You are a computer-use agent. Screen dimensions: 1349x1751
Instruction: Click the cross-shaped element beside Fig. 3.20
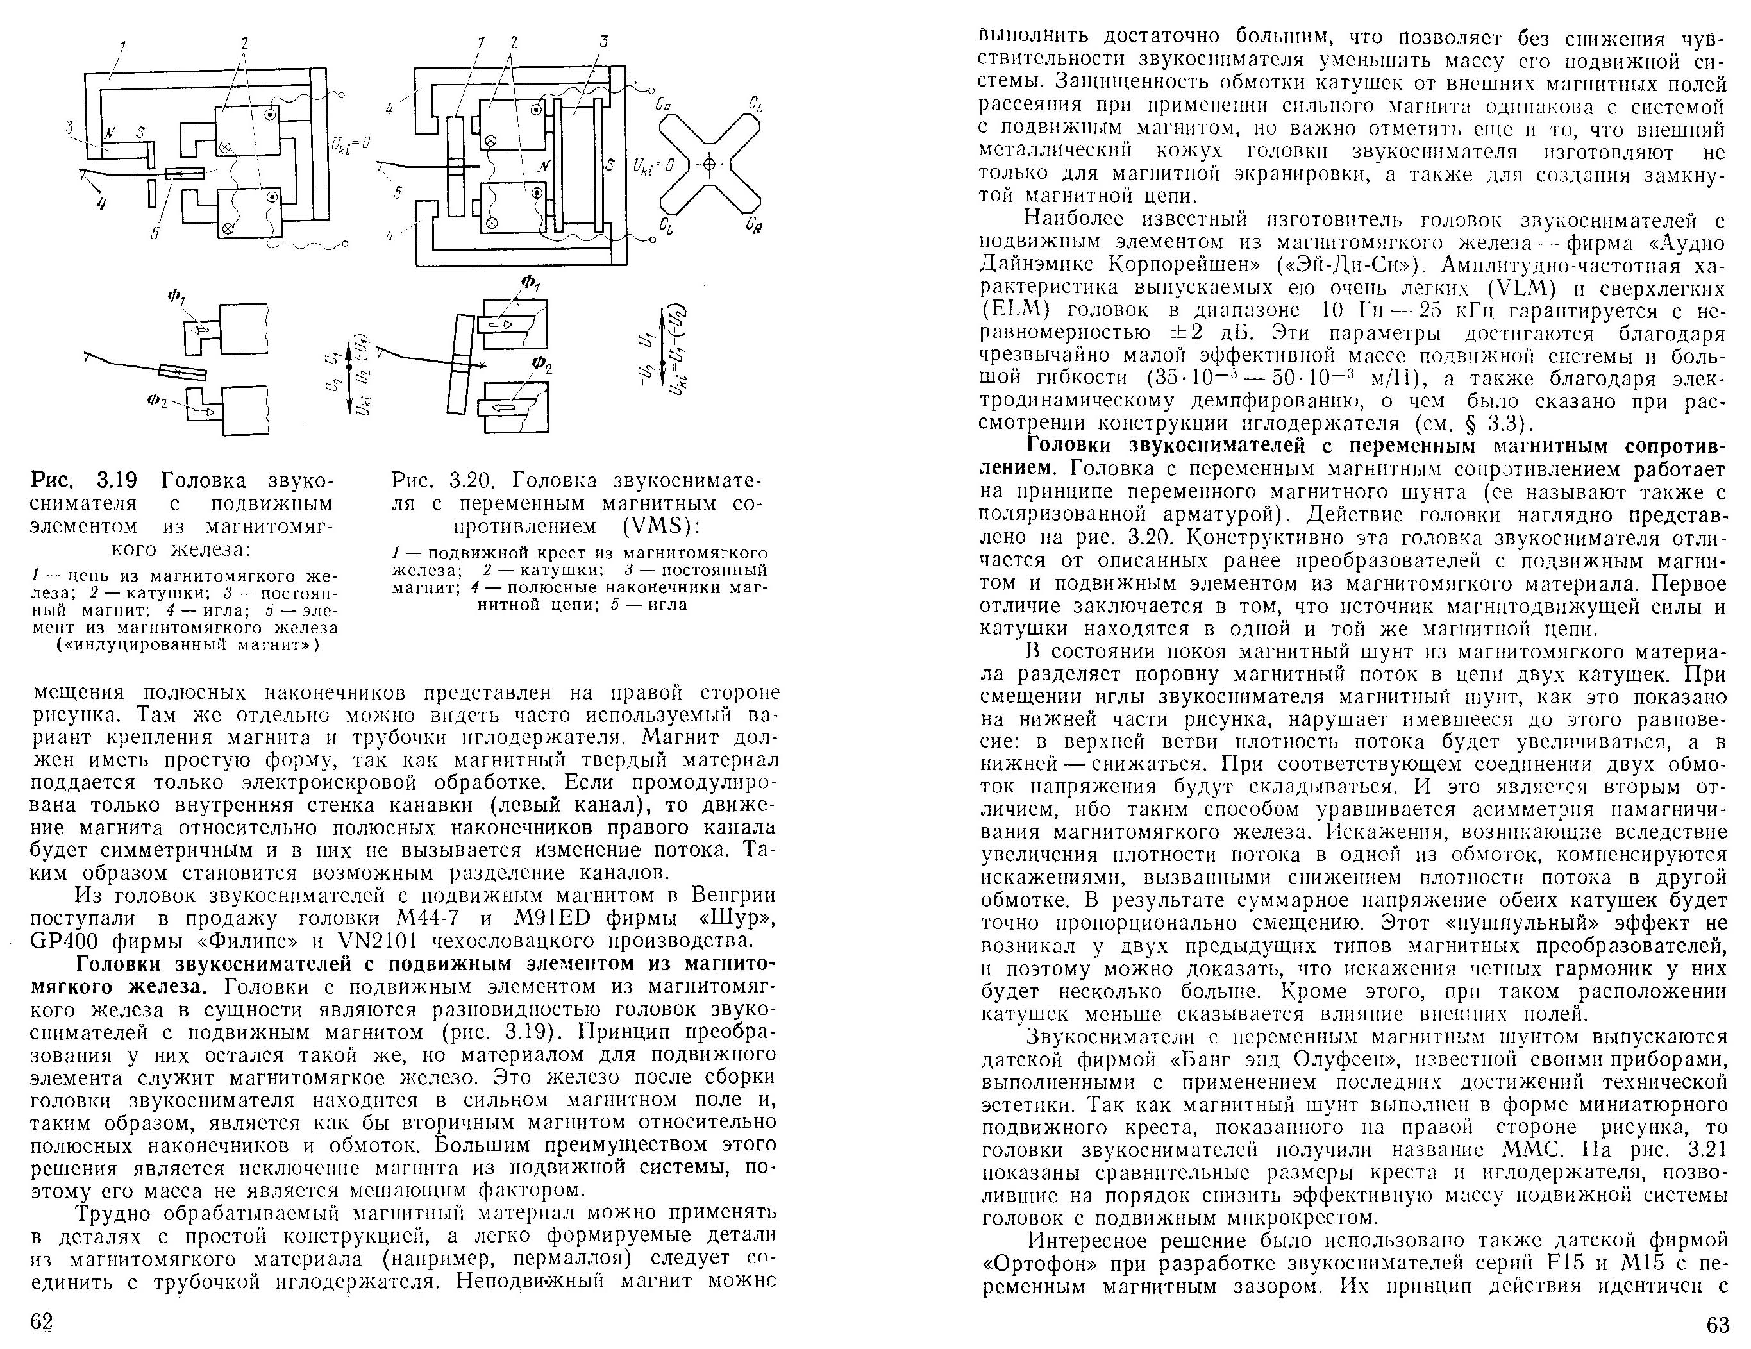point(708,165)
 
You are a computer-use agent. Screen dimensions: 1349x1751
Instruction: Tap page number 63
point(1717,1324)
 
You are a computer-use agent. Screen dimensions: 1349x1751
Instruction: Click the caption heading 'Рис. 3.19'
point(84,481)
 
